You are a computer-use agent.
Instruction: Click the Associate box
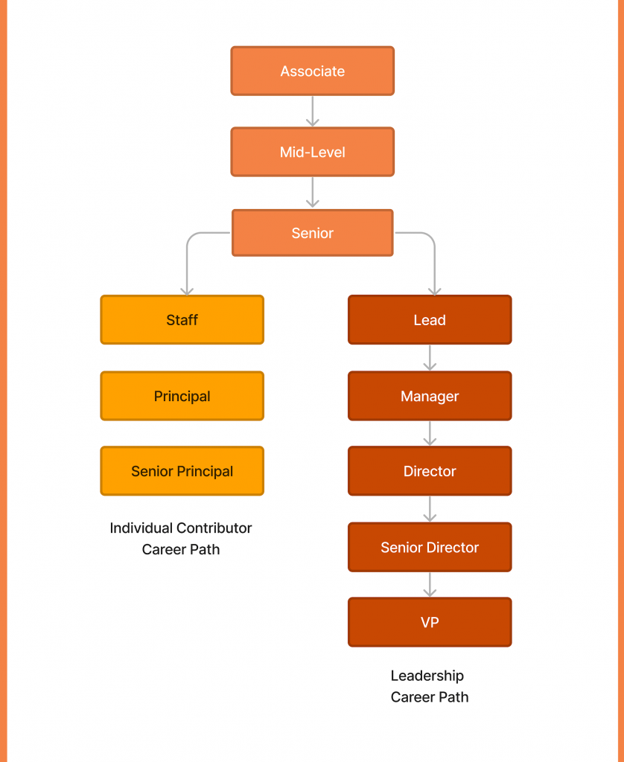pyautogui.click(x=312, y=71)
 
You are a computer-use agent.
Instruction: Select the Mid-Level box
pyautogui.click(x=312, y=152)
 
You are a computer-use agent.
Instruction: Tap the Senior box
pyautogui.click(x=312, y=233)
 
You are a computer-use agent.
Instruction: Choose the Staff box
pyautogui.click(x=182, y=320)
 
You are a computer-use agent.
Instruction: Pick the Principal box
pyautogui.click(x=182, y=396)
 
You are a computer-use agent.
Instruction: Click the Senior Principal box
pyautogui.click(x=182, y=471)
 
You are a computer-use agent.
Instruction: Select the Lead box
pyautogui.click(x=430, y=320)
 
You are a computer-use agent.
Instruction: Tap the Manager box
pyautogui.click(x=430, y=396)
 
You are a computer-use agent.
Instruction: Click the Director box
pyautogui.click(x=430, y=471)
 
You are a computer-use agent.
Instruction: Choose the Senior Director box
pyautogui.click(x=430, y=547)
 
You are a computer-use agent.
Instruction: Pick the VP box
pyautogui.click(x=430, y=622)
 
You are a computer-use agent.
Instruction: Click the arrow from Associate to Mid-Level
pyautogui.click(x=313, y=112)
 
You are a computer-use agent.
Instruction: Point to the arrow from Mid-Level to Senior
pyautogui.click(x=313, y=192)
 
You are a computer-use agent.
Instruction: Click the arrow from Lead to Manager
pyautogui.click(x=430, y=358)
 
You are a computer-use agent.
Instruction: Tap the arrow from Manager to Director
pyautogui.click(x=430, y=434)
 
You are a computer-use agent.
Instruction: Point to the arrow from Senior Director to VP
pyautogui.click(x=430, y=585)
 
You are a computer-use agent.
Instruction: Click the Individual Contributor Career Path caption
pyautogui.click(x=181, y=539)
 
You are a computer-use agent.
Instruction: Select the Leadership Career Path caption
pyautogui.click(x=429, y=686)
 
